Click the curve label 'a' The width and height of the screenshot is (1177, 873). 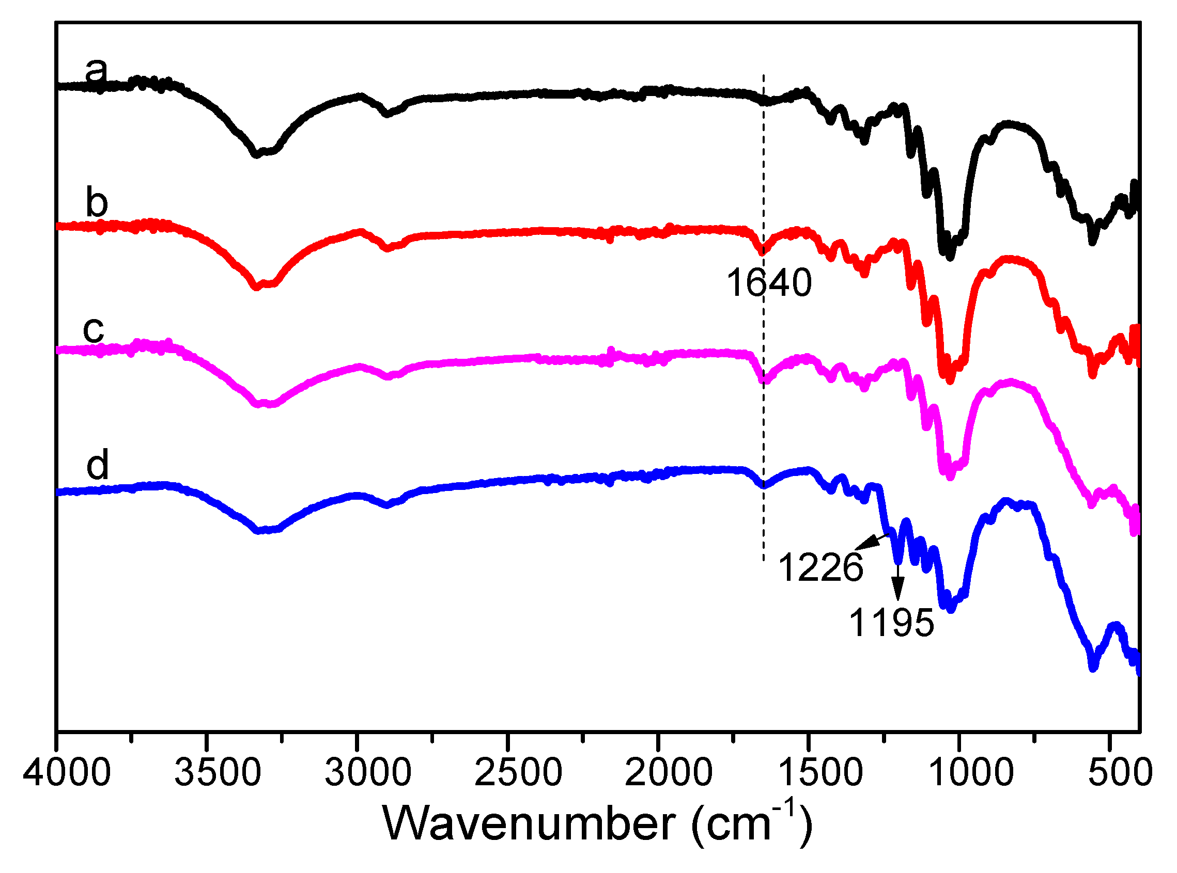[x=96, y=71]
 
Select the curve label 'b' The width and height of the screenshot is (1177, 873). [x=97, y=203]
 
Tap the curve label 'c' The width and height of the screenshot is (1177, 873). [x=94, y=330]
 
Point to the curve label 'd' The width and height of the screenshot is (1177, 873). [x=97, y=465]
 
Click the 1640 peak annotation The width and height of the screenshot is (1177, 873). [x=769, y=283]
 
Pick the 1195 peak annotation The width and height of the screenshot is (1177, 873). [x=891, y=623]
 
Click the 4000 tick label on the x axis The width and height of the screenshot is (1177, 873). [x=67, y=773]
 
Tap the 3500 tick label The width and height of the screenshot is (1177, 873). [x=218, y=773]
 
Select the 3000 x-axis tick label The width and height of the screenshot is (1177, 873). [x=367, y=773]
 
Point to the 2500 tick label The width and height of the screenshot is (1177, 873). [x=518, y=773]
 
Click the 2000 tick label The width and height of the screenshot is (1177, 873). [x=669, y=773]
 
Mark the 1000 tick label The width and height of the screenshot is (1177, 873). [x=971, y=773]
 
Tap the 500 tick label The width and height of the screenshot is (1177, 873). [x=1120, y=773]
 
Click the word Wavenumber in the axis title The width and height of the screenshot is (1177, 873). [x=529, y=824]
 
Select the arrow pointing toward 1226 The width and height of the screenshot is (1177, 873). [x=870, y=541]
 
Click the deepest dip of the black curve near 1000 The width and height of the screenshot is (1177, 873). [x=950, y=256]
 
